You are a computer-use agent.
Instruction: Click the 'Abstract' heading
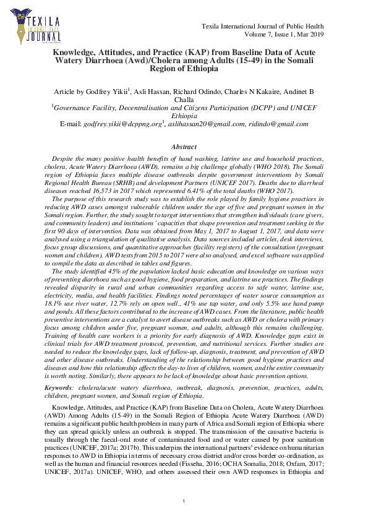[183, 147]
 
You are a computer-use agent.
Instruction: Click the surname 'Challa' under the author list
[184, 99]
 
